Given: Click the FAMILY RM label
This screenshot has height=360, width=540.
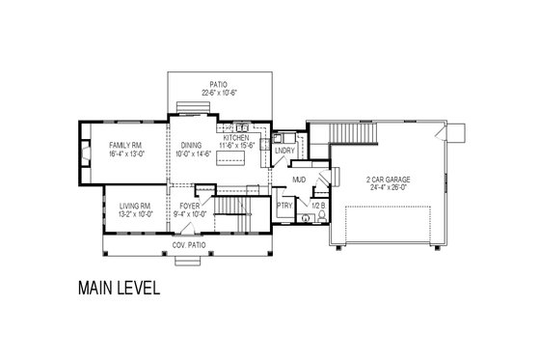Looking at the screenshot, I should (124, 145).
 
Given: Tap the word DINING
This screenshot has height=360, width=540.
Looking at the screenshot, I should (191, 145).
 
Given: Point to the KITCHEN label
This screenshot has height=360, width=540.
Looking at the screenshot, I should (236, 138).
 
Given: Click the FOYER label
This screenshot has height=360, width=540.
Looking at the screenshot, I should (190, 206).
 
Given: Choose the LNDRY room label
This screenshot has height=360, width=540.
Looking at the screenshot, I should (283, 151).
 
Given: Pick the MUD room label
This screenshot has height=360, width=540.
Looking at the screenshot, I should (299, 180).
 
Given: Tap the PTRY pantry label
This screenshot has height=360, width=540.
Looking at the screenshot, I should (284, 206).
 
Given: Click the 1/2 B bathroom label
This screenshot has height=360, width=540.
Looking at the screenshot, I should (314, 206).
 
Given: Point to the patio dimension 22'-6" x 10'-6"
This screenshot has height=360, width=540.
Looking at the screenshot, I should (221, 93).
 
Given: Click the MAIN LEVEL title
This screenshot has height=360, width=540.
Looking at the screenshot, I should (113, 288).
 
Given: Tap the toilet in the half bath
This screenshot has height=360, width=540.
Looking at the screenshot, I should (306, 219).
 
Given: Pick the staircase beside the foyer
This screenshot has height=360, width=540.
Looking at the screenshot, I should (229, 207).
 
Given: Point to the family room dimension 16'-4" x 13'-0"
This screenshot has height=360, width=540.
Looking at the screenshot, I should (124, 153).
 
